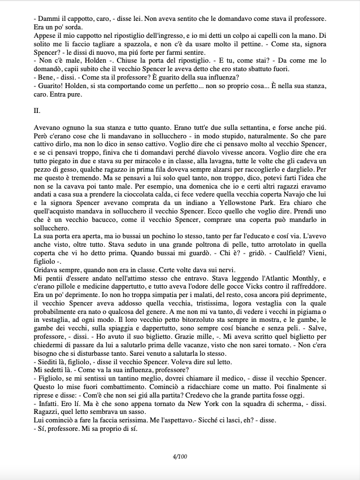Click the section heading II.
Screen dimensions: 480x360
[x=37, y=111]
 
